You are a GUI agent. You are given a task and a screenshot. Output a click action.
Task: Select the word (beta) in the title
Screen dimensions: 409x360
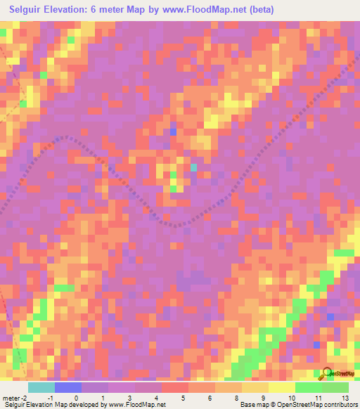(x=259, y=9)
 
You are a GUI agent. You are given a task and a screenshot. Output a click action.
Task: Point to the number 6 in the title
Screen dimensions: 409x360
(x=96, y=9)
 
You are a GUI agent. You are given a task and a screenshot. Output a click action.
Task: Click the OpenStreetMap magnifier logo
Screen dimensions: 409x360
(x=327, y=374)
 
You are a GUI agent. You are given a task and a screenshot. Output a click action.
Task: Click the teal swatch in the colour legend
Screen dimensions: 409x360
(x=41, y=387)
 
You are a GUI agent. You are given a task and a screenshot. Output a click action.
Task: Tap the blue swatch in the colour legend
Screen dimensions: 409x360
(x=68, y=387)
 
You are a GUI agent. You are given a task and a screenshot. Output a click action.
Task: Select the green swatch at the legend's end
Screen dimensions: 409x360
(x=335, y=387)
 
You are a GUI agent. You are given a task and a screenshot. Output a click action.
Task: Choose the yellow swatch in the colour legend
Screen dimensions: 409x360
(x=281, y=387)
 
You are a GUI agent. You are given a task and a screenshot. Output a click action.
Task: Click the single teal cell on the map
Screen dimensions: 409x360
(x=193, y=167)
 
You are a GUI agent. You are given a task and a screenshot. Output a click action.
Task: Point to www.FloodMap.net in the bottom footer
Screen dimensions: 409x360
(x=138, y=404)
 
